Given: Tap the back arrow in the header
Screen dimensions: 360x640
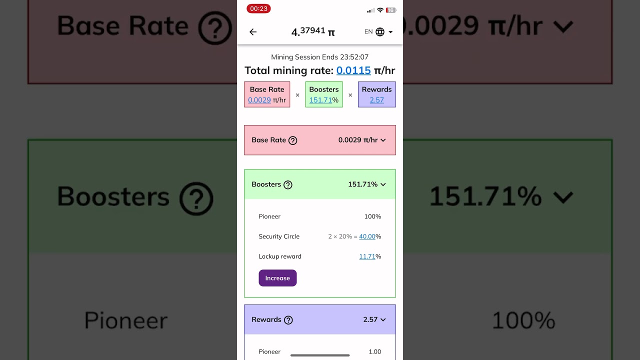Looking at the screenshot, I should [253, 32].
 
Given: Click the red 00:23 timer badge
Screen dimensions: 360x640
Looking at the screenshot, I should [258, 8].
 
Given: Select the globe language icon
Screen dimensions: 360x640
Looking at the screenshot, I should [380, 32].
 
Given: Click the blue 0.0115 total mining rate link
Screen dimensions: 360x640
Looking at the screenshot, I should [353, 70].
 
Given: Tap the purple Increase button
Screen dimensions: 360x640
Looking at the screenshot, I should [277, 278].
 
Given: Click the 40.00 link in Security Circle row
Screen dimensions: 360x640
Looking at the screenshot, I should [367, 236].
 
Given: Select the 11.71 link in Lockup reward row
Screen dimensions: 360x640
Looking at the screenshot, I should [367, 256].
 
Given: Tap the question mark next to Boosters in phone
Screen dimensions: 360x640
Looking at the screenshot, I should [288, 185].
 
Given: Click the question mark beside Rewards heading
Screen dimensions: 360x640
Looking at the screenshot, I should [288, 320].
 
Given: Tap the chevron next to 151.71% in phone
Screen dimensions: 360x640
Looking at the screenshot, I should [383, 184].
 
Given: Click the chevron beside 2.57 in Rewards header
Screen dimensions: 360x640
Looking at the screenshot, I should [383, 319].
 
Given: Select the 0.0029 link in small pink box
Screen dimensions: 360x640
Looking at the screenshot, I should [259, 100].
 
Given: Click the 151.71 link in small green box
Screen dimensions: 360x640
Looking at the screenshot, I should [320, 100].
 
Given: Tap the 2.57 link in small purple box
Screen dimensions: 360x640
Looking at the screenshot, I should [376, 100].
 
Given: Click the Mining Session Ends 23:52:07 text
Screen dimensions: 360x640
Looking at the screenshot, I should [319, 57].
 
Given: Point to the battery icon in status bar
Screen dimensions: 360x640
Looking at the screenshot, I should [391, 10].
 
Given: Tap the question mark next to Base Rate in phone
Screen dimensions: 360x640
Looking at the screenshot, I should [293, 140].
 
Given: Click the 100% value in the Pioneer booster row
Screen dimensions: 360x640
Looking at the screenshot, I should [372, 216].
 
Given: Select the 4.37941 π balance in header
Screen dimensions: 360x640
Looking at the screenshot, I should [313, 31].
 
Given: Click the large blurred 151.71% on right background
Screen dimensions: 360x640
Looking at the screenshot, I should [485, 196].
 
